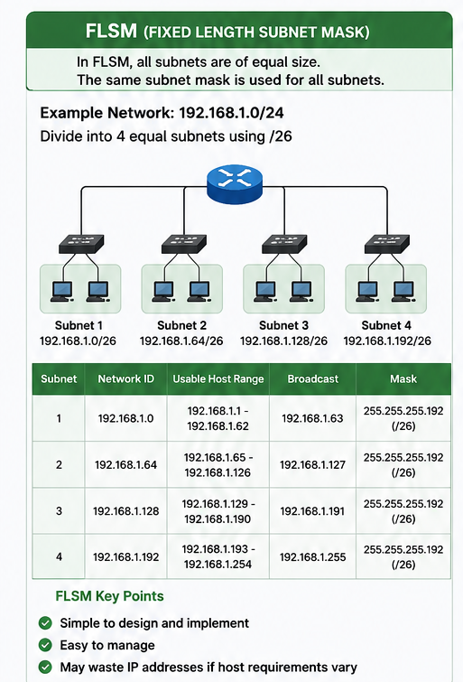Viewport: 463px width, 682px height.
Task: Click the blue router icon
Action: point(235,183)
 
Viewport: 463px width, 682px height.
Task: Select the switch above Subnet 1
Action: point(81,244)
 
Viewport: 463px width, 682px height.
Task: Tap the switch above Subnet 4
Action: point(387,244)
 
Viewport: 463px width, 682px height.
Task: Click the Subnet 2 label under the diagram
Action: point(181,325)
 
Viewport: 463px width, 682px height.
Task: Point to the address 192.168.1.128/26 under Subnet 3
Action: point(283,341)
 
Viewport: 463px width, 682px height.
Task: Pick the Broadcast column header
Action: point(312,378)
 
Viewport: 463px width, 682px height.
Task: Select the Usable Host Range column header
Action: point(218,378)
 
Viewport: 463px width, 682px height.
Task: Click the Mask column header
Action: point(403,378)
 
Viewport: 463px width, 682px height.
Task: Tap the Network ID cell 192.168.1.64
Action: point(125,465)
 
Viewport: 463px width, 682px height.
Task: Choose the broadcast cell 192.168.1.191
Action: point(312,511)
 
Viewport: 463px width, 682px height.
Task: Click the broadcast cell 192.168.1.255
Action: point(312,557)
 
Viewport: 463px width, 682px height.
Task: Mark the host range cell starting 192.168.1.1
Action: point(218,418)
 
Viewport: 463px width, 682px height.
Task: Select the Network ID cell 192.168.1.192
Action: point(125,557)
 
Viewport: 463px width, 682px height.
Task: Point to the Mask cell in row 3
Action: point(403,511)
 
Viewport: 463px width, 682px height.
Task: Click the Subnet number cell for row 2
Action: point(59,465)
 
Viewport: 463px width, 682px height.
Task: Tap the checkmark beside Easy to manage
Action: point(45,645)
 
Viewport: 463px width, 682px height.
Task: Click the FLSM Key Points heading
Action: point(109,596)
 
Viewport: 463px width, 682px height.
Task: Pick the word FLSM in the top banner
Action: point(111,32)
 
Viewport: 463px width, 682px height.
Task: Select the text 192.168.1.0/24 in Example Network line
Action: point(231,113)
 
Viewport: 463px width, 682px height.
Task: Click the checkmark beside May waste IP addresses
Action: point(45,667)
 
